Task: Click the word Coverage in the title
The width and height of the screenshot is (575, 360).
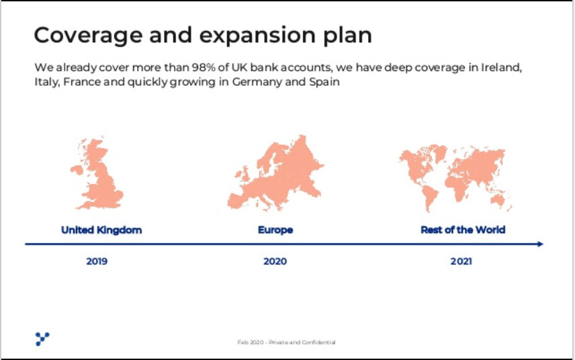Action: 88,36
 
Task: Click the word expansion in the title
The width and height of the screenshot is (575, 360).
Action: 257,36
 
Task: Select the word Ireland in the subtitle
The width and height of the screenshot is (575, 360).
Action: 501,68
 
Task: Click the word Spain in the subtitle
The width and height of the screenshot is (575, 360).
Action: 324,82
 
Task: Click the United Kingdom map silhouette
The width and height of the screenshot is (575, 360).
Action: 98,173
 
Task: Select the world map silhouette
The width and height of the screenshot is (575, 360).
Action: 455,178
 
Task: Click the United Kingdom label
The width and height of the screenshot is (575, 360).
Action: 101,230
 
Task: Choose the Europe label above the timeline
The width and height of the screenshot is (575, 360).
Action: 275,230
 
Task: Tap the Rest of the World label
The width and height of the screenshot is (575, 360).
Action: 463,230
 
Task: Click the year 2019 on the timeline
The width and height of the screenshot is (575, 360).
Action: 97,261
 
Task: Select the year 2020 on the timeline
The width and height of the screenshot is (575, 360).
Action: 275,261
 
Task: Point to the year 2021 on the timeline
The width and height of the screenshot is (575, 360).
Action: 461,261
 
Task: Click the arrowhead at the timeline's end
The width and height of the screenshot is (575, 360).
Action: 541,244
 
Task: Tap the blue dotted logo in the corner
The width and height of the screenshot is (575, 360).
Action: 42,339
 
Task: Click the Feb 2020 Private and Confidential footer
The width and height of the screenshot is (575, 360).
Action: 286,343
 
